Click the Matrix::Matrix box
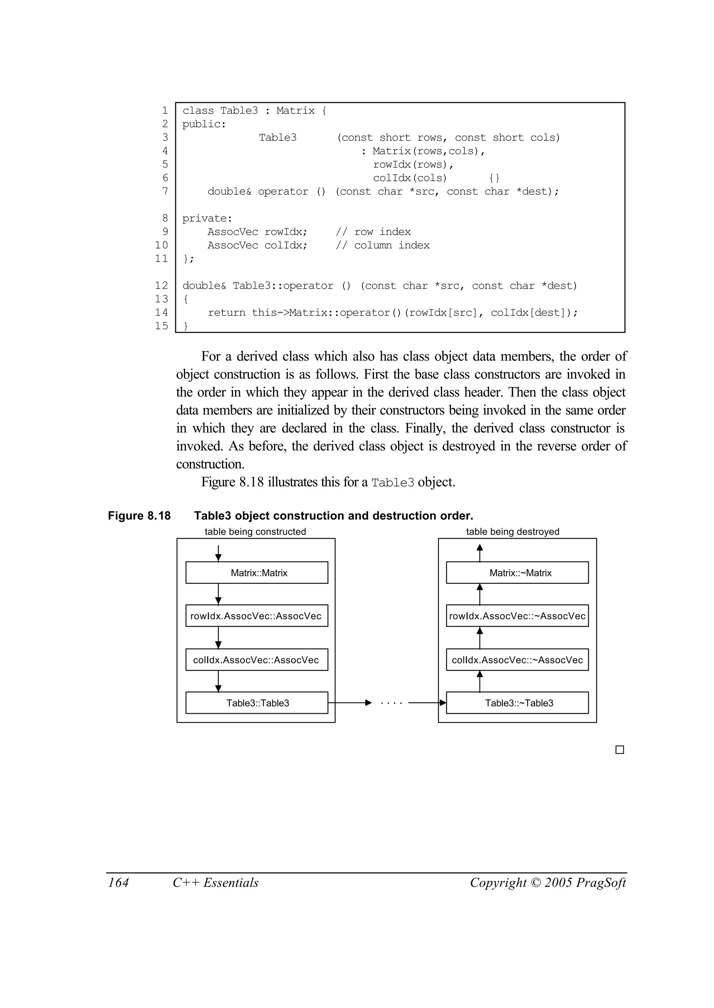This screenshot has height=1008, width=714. [257, 572]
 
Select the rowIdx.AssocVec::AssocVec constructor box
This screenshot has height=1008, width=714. [257, 616]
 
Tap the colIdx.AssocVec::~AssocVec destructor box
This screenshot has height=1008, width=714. [517, 660]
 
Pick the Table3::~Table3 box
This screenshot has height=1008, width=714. [517, 703]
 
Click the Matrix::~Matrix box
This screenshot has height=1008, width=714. [517, 572]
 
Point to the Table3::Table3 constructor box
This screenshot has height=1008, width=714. [257, 703]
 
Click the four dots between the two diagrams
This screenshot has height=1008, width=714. [391, 703]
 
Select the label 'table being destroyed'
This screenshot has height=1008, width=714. [512, 532]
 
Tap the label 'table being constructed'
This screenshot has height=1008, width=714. [255, 532]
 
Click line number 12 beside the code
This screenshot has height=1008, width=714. [161, 286]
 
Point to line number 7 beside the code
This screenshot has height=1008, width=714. [165, 191]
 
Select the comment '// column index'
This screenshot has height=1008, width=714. [382, 245]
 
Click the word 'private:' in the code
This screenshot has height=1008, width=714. [207, 218]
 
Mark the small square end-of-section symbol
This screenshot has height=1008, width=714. [620, 749]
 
